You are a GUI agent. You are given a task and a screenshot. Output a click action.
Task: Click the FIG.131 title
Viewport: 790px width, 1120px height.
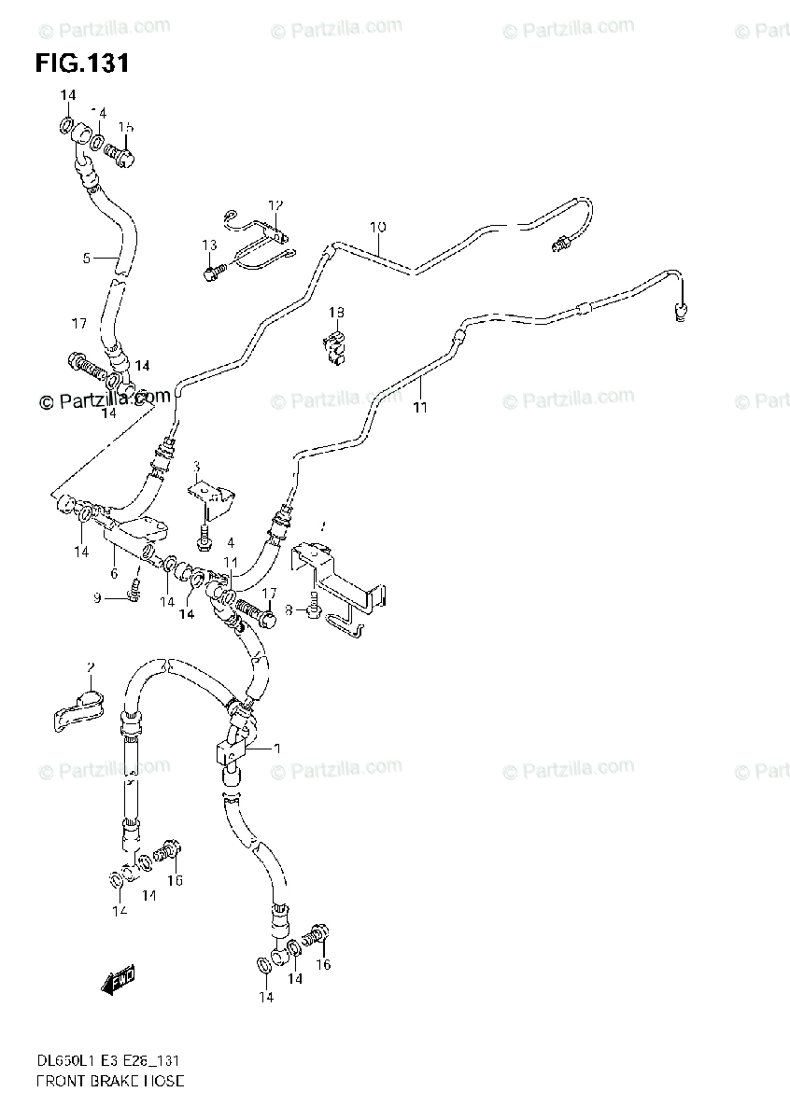(82, 63)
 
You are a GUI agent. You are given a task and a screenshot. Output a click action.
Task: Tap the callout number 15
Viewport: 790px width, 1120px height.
(126, 127)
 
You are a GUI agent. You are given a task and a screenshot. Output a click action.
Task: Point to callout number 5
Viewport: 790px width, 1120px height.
(87, 258)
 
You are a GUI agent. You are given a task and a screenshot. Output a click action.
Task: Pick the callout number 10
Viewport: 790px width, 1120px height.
(377, 227)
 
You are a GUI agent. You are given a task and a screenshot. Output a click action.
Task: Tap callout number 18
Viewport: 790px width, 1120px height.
(336, 312)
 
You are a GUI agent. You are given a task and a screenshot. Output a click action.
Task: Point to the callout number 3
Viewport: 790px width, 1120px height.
(197, 466)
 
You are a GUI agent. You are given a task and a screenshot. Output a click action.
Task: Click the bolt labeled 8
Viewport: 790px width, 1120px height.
(313, 608)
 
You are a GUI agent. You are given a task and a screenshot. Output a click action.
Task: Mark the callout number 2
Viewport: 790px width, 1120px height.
(91, 666)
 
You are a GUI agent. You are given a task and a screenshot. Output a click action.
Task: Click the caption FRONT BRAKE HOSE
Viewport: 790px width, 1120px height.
(109, 1082)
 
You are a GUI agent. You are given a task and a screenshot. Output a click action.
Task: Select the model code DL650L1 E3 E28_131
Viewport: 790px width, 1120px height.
(107, 1061)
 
